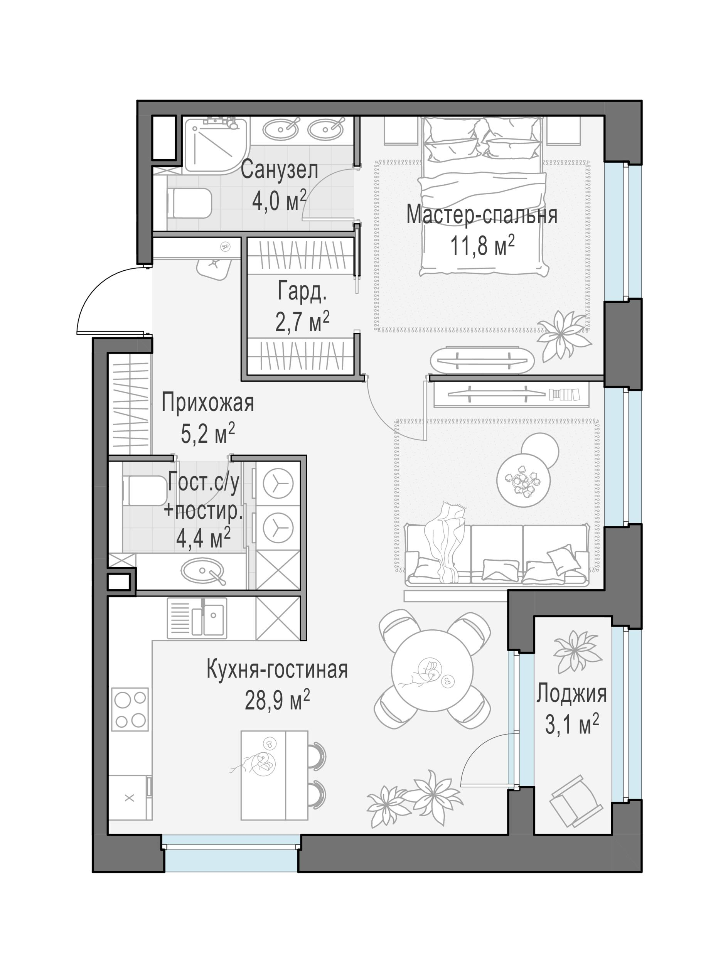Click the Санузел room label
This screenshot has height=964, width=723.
click(279, 170)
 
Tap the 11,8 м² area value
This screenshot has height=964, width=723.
click(482, 247)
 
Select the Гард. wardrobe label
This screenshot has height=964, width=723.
click(302, 292)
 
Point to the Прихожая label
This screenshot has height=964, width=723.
click(207, 403)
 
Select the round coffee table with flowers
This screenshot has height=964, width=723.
click(523, 480)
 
